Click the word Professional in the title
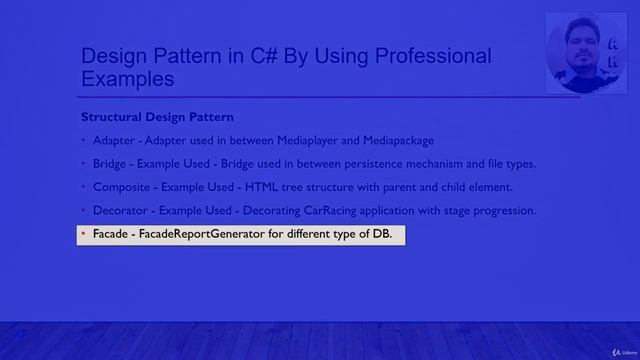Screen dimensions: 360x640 click(428, 56)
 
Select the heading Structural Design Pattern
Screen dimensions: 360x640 click(157, 117)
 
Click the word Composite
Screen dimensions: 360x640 click(121, 187)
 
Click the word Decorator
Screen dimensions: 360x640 click(120, 211)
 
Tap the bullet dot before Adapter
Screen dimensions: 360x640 click(84, 141)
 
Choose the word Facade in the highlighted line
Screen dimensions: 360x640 click(110, 235)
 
